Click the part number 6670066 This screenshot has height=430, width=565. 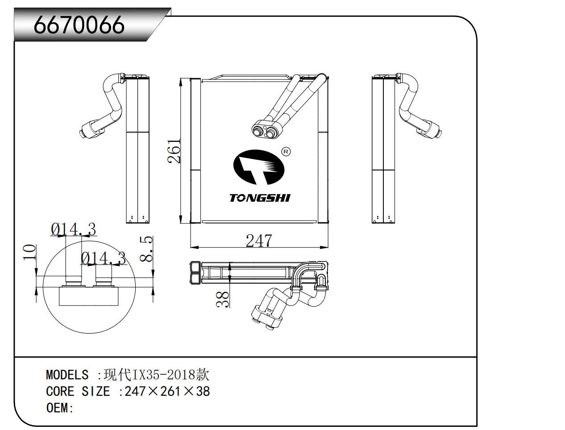pyautogui.click(x=79, y=25)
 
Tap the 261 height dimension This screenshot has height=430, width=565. pyautogui.click(x=174, y=151)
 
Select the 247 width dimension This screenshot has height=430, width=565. pyautogui.click(x=259, y=241)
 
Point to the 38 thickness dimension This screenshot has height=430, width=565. pyautogui.click(x=222, y=299)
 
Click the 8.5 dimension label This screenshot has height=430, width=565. pyautogui.click(x=146, y=249)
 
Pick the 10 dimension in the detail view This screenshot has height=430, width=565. pyautogui.click(x=29, y=252)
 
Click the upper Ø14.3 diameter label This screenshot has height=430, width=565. pyautogui.click(x=74, y=229)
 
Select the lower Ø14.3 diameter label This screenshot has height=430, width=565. pyautogui.click(x=104, y=258)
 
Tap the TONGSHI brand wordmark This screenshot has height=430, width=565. pyautogui.click(x=260, y=198)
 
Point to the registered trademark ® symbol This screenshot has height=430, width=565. pyautogui.click(x=286, y=152)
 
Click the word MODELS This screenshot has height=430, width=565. pyautogui.click(x=67, y=375)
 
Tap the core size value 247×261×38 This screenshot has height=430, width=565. pyautogui.click(x=167, y=391)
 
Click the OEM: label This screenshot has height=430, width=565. pyautogui.click(x=60, y=408)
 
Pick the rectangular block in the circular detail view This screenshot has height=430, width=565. pyautogui.click(x=89, y=296)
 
